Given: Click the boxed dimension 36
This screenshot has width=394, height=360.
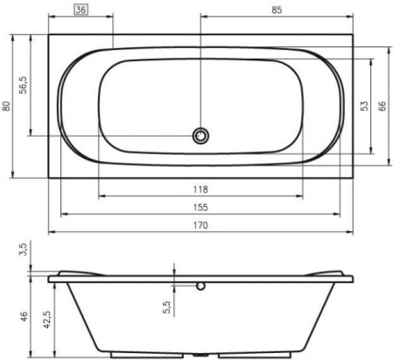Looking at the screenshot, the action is (81, 10).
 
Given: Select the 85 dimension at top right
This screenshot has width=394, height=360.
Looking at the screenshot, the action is (277, 10).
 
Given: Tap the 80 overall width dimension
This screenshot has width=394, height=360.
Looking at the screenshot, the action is (6, 106).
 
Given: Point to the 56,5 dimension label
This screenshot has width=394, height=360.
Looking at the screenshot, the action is (24, 85).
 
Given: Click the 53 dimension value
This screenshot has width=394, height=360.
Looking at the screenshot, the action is (364, 106).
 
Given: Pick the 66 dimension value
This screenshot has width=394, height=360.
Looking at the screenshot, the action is (382, 106).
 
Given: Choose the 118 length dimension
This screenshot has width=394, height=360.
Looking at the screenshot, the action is (201, 189).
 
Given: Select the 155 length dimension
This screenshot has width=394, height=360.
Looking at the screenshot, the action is (201, 208).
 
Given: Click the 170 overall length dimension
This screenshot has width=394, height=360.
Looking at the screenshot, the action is (201, 225).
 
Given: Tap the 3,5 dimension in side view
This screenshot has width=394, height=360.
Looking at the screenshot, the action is (24, 250).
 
